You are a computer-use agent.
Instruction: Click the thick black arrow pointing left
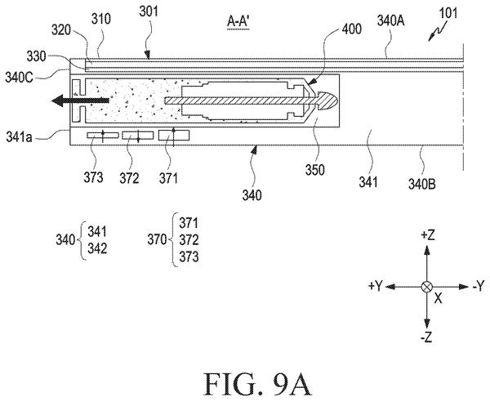coord(80,100)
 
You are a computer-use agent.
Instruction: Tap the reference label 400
coord(351,29)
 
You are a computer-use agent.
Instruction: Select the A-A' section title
coord(238,22)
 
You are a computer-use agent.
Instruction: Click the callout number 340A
coord(391,21)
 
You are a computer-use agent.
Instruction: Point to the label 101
coord(448,13)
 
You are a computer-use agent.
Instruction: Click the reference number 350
coord(315,170)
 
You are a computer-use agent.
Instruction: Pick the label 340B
coord(422,184)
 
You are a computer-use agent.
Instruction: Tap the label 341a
coord(19,137)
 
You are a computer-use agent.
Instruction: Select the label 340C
coord(19,78)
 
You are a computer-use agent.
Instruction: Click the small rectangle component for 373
coord(103,136)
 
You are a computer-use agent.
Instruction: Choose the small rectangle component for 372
coord(138,136)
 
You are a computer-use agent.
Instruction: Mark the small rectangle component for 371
coord(174,136)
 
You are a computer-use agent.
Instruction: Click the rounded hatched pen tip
coord(327,100)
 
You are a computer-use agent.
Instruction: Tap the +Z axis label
coord(427,235)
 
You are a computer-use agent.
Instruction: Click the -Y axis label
coord(478,286)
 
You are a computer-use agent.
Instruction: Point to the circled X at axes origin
coord(427,287)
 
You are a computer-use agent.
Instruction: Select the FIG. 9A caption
coord(258,384)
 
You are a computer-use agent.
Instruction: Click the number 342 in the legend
coord(97,249)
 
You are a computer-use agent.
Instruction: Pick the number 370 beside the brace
coord(157,240)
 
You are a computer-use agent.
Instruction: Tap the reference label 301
coord(149,12)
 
